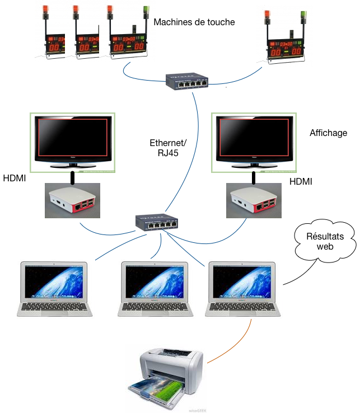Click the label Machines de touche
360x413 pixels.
point(194,22)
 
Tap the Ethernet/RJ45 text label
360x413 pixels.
point(168,148)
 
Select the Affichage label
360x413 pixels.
point(329,133)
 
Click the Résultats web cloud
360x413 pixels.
point(325,241)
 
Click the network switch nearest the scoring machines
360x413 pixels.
point(187,81)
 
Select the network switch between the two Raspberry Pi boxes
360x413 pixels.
point(157,222)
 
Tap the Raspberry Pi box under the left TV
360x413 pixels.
point(72,201)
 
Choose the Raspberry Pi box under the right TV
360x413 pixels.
point(254,201)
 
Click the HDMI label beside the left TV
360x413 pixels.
point(15,179)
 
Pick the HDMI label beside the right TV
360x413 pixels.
point(301,181)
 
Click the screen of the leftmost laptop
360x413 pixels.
point(54,282)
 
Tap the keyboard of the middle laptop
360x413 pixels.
point(155,307)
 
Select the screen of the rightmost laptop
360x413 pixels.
point(242,282)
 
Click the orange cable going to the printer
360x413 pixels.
point(235,345)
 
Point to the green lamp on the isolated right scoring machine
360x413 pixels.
point(303,14)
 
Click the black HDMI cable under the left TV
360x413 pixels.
point(72,178)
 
